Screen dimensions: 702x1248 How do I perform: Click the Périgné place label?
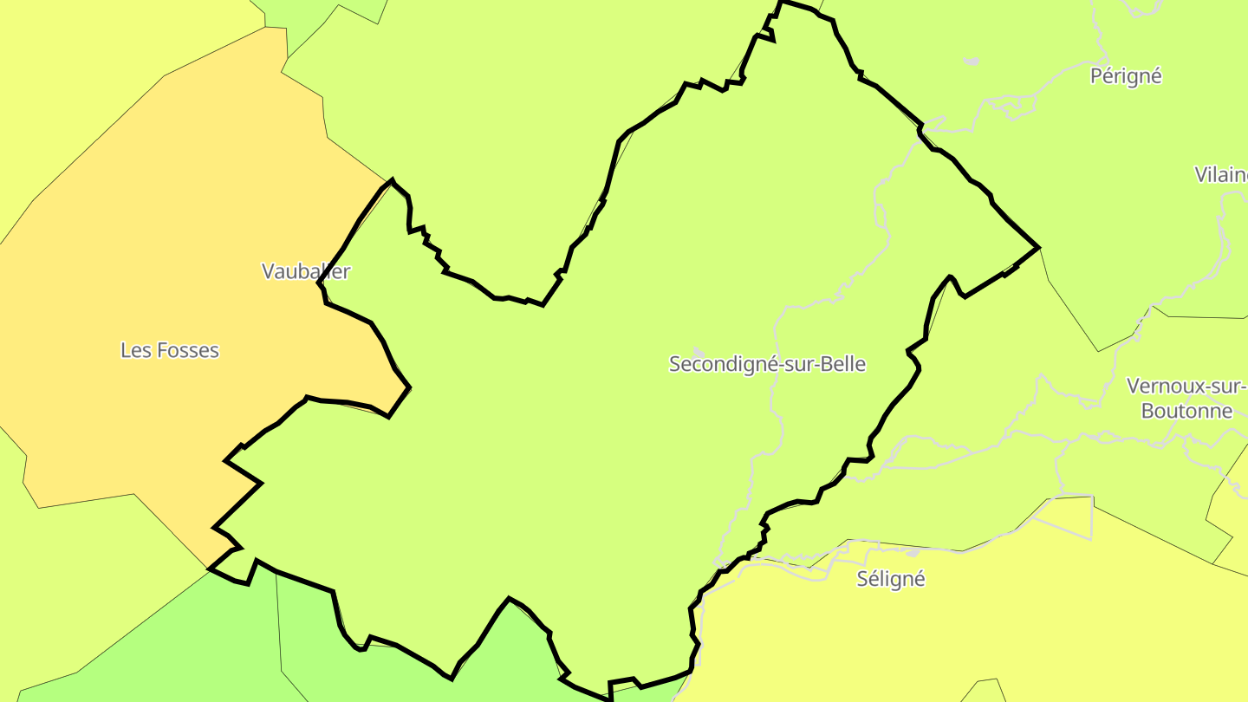tap(1125, 76)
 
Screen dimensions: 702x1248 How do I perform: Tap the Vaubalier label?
tap(306, 271)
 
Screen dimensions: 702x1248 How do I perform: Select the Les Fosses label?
tap(170, 350)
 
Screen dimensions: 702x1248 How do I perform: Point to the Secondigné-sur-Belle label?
tap(767, 364)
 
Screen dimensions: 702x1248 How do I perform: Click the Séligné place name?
tap(891, 579)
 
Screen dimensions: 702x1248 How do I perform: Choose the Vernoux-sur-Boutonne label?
tap(1187, 398)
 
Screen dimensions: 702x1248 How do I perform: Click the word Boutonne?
tap(1186, 411)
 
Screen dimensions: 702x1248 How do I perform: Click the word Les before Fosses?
tap(135, 350)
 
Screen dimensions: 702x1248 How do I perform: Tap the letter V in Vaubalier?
tap(269, 271)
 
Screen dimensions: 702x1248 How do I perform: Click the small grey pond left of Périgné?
tap(971, 62)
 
